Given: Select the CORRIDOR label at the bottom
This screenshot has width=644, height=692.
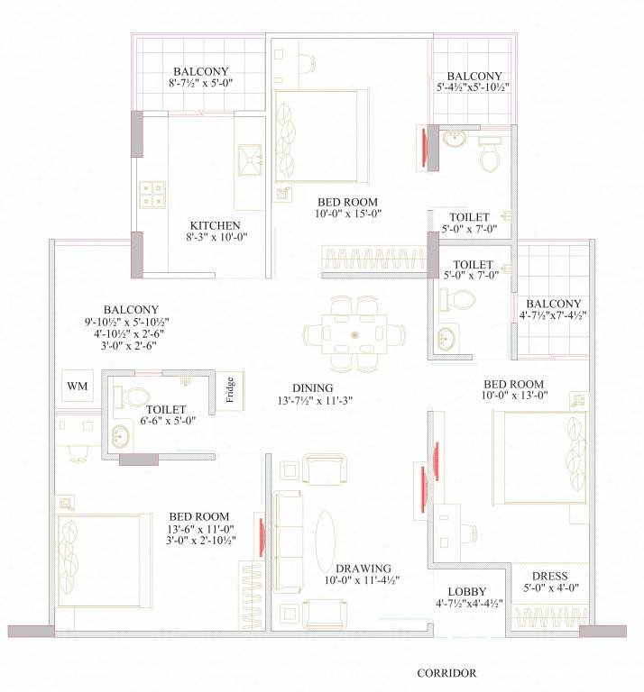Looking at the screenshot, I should point(446,672).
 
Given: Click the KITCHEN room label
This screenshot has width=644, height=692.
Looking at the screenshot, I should point(215,225).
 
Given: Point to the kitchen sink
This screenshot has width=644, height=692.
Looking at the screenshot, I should point(248,161).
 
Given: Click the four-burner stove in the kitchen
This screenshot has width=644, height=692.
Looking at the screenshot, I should point(152,196).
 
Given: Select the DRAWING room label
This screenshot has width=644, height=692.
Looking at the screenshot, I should point(363,569).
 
